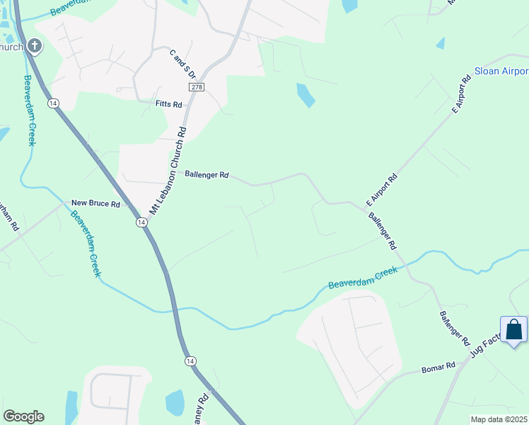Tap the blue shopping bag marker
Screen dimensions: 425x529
(514, 330)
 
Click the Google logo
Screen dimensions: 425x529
(23, 416)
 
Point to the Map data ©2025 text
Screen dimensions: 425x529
(499, 419)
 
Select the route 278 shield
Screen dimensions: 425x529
(197, 86)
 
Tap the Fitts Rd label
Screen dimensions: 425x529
(169, 104)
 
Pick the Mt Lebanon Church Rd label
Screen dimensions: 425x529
(168, 171)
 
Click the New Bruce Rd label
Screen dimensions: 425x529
(95, 203)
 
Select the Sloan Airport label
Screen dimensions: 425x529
(501, 72)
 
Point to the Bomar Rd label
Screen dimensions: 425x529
(438, 367)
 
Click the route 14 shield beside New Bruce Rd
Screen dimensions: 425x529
(141, 222)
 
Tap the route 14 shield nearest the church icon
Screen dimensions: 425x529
(53, 103)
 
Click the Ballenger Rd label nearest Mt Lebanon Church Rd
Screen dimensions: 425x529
(207, 174)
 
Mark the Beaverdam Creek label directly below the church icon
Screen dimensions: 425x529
(30, 110)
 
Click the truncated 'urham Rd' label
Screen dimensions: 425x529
(8, 215)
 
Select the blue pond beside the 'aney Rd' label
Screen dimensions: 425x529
(175, 402)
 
